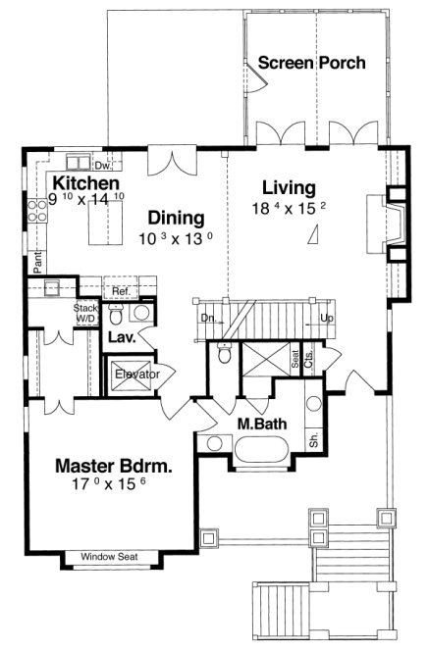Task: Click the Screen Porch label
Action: (311, 63)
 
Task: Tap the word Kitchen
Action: (86, 183)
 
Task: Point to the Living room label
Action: (289, 187)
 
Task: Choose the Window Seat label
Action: (109, 557)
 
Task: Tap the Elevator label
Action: (137, 374)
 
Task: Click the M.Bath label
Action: (260, 423)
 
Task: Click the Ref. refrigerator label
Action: (120, 291)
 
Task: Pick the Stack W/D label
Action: (86, 312)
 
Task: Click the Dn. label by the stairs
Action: (208, 319)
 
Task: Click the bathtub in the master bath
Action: (260, 451)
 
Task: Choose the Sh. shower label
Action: (314, 441)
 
